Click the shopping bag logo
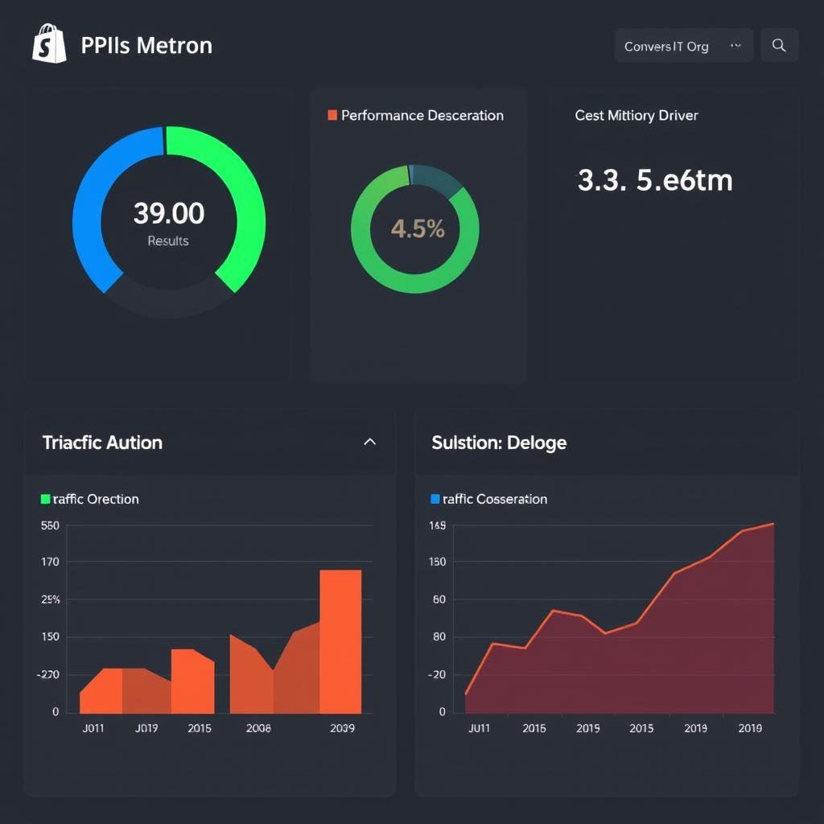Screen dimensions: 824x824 [x=49, y=43]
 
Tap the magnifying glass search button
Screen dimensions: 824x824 [x=779, y=46]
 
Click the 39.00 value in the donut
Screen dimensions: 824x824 [x=169, y=213]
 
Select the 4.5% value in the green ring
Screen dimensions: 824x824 [x=418, y=229]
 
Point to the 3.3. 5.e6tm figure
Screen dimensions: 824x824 [x=655, y=180]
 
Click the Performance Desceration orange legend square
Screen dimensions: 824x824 [x=332, y=115]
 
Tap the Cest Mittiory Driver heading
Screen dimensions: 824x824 [x=636, y=115]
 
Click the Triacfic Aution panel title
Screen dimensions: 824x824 [x=102, y=443]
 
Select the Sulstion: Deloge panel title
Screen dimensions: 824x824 [x=499, y=443]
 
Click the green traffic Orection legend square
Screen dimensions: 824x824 [x=45, y=499]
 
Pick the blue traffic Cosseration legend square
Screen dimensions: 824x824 [x=435, y=499]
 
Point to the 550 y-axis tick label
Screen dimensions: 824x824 [x=50, y=525]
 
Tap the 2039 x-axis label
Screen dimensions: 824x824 [x=342, y=728]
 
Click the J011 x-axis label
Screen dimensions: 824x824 [x=93, y=728]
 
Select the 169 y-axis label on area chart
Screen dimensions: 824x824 [x=438, y=526]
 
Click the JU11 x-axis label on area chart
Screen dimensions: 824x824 [x=479, y=728]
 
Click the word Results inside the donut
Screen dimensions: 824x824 [x=168, y=241]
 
